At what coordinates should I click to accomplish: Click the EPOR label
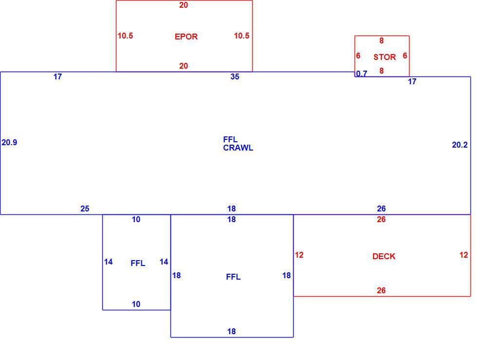186,37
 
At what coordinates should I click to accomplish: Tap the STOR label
385,57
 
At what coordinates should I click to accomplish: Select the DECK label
384,256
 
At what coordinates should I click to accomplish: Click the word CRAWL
238,148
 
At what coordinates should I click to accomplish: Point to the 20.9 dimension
9,142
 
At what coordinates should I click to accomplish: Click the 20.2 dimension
460,145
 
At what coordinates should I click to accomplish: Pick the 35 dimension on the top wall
235,76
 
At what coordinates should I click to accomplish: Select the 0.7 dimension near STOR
361,74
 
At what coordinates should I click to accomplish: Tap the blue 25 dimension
85,208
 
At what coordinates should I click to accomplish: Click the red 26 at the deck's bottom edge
381,290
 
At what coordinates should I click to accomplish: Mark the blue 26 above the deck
381,208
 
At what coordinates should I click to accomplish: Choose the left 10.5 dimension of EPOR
125,36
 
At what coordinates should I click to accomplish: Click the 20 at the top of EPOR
184,5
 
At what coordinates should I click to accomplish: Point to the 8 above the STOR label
381,40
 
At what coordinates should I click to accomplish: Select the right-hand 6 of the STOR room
405,56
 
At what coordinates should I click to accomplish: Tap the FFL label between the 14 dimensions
138,263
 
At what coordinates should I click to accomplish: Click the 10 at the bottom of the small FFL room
136,304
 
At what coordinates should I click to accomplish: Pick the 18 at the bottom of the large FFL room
231,331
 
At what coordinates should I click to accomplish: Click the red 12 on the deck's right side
464,255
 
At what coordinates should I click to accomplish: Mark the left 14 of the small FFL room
109,262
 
